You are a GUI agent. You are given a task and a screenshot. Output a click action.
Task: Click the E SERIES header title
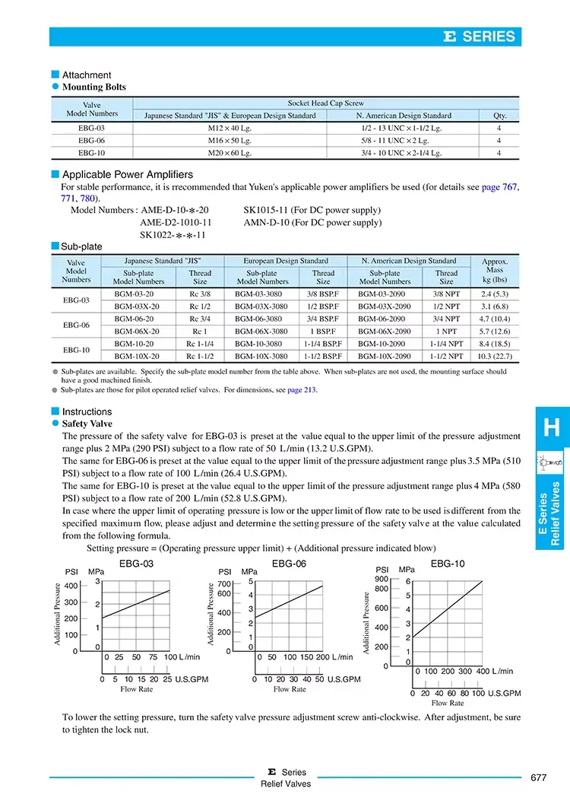(x=480, y=37)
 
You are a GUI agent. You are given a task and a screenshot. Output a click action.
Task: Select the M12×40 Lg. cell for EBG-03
(x=230, y=129)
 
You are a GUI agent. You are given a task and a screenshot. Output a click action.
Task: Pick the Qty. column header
(x=499, y=116)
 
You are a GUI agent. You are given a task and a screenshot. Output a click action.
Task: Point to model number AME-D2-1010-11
(x=176, y=223)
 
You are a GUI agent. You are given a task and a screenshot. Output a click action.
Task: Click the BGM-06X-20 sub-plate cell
(x=138, y=332)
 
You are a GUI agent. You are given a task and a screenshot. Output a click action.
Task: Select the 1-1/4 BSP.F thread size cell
(x=323, y=344)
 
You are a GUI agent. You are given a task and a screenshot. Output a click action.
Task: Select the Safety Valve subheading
(x=87, y=424)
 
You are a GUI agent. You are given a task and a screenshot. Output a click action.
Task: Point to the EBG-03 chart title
(x=137, y=563)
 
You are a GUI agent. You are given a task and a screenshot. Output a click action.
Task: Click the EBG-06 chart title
(x=289, y=563)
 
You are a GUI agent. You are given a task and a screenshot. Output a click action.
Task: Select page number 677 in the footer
(x=538, y=777)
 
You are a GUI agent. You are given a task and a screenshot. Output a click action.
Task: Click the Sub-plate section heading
(x=81, y=246)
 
